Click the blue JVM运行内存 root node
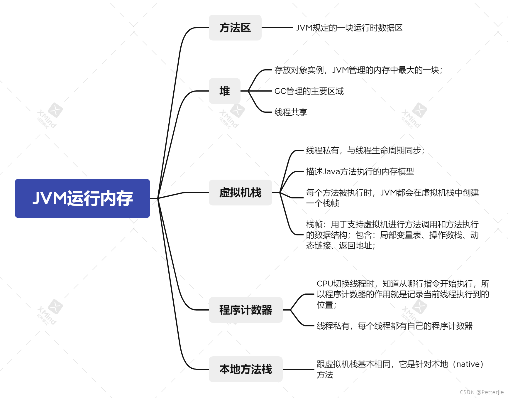pos(82,198)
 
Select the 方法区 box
pos(235,28)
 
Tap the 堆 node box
pos(224,91)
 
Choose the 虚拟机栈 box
pos(240,193)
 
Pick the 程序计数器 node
pos(245,310)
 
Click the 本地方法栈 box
pos(245,369)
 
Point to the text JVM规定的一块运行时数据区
pos(349,28)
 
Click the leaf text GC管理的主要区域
pos(309,91)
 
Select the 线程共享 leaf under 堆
pos(291,112)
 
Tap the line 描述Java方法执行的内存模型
pos(360,171)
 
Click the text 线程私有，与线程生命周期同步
pos(365,151)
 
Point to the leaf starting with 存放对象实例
pos(358,70)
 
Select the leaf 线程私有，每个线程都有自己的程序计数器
pos(394,326)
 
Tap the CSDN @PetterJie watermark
pos(482,392)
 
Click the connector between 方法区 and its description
pos(277,28)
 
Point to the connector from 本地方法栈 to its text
pos(298,369)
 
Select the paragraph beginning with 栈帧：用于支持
pos(392,235)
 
